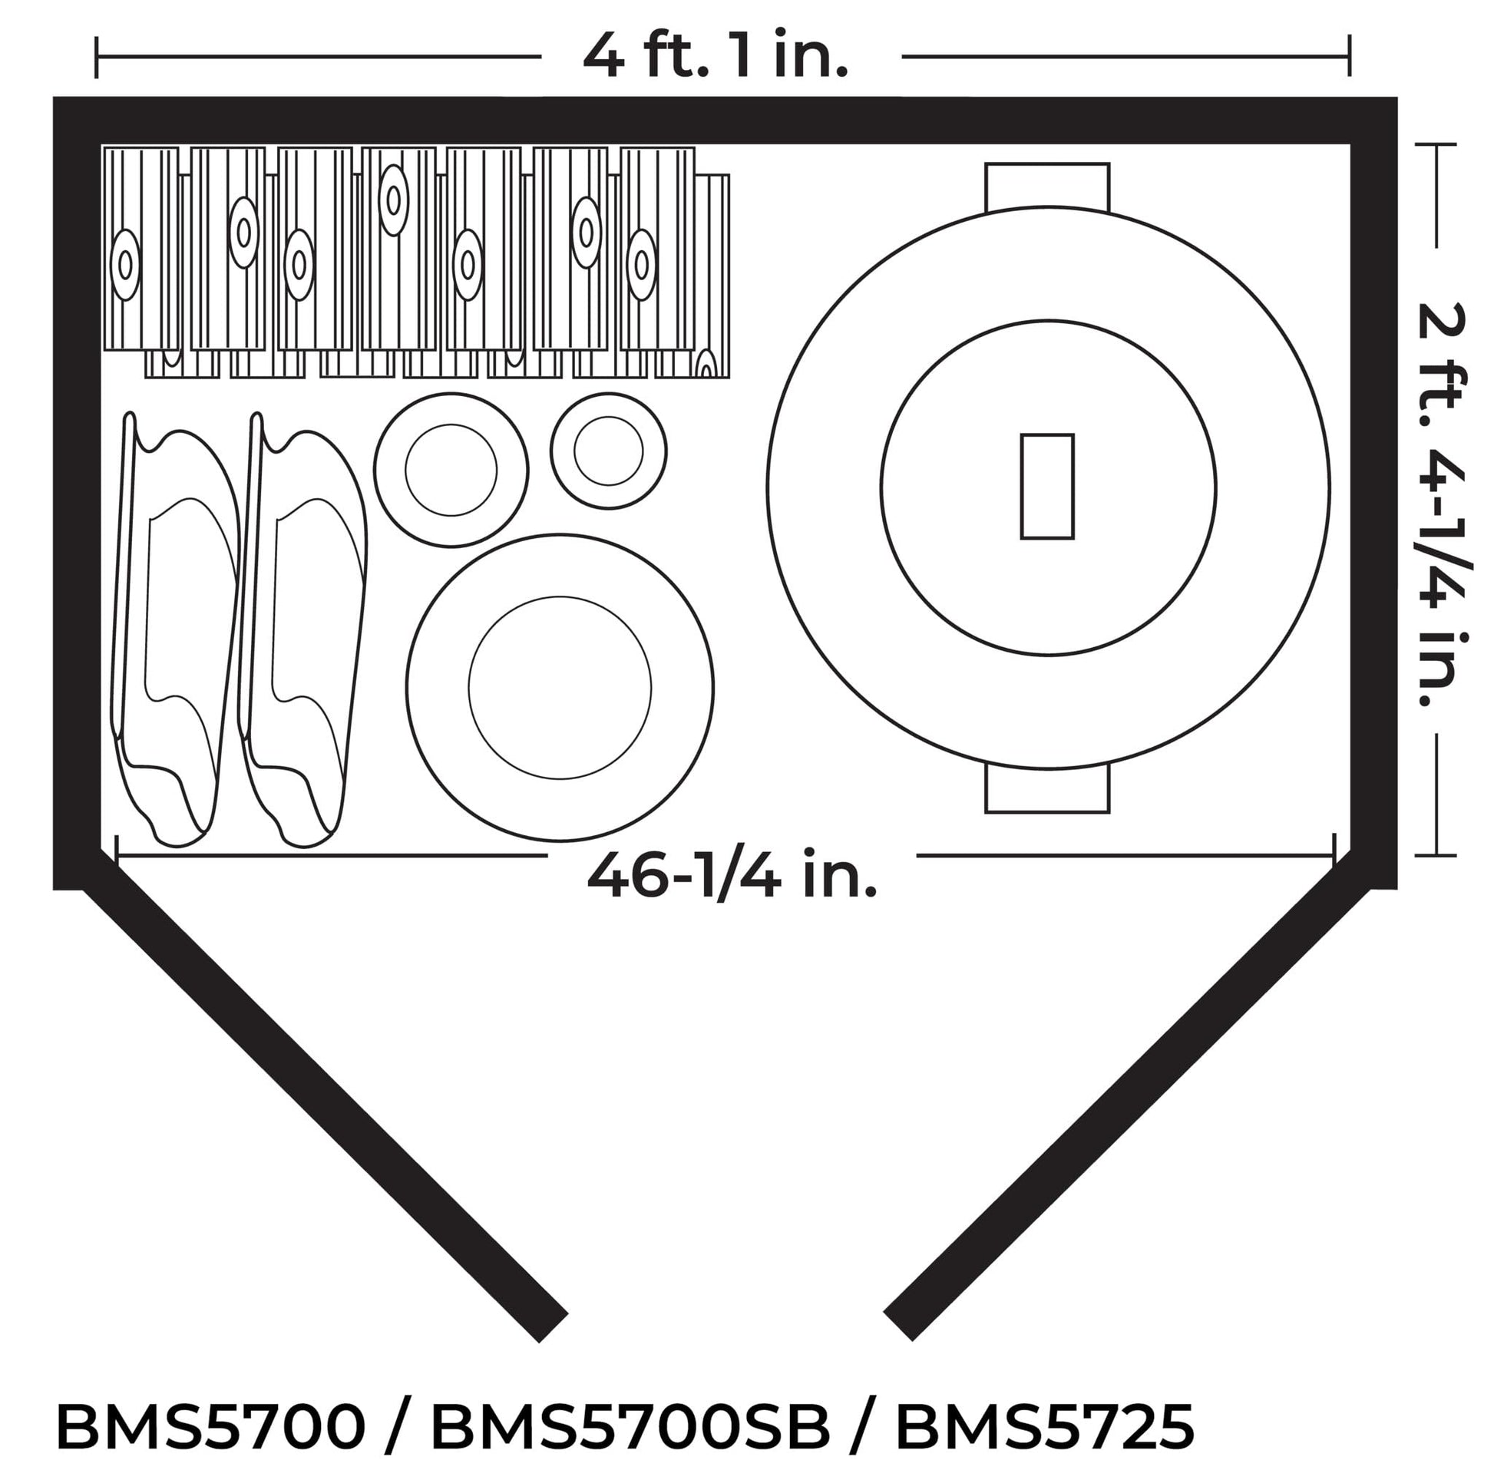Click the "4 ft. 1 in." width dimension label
716,57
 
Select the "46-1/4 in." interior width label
732,874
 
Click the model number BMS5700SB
630,1426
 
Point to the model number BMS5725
1045,1426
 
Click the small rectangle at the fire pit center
1047,487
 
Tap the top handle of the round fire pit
1047,186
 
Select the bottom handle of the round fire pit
1047,789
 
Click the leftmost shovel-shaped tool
174,628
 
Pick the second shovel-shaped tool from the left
302,628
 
